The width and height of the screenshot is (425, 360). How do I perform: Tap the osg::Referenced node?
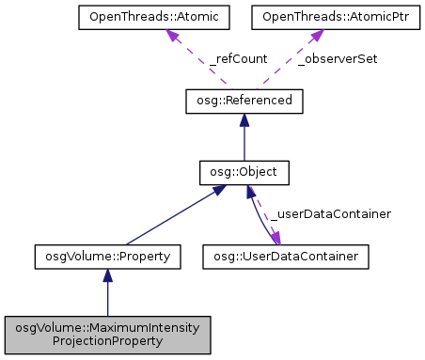tap(244, 101)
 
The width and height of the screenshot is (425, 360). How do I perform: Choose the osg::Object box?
tap(244, 172)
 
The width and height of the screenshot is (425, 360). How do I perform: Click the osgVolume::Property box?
tap(107, 255)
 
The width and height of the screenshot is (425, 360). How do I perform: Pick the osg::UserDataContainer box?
tap(285, 255)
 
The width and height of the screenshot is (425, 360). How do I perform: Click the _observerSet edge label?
tap(337, 58)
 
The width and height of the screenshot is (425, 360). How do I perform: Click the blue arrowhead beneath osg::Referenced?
tap(244, 119)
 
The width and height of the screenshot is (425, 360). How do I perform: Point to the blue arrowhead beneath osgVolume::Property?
tap(107, 274)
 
